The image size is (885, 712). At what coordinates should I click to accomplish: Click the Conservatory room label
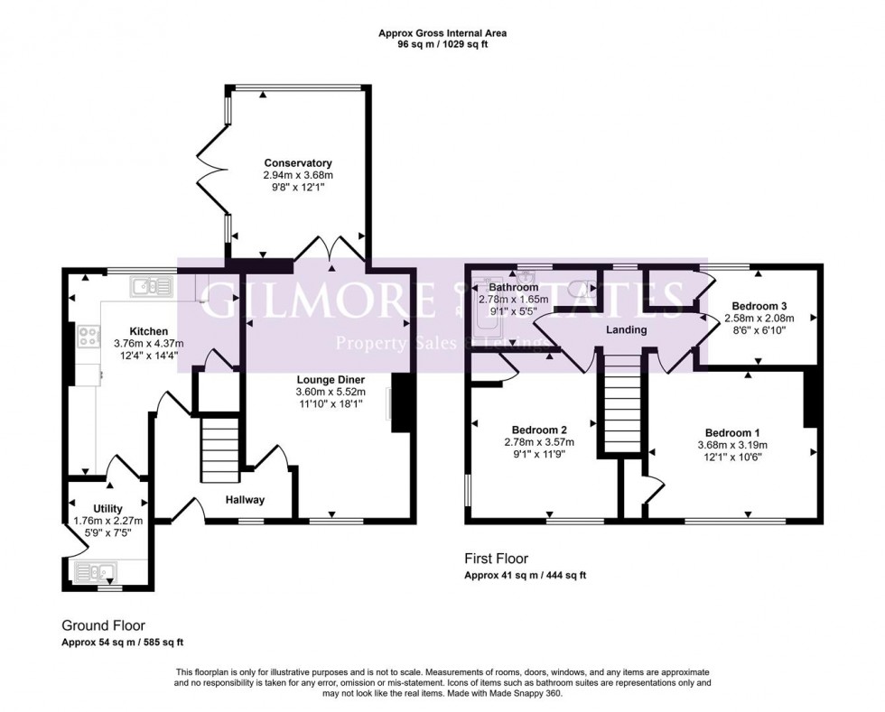tap(298, 163)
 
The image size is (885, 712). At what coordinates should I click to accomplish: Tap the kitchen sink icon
tap(152, 287)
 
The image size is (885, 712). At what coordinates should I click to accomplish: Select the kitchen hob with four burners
tap(89, 337)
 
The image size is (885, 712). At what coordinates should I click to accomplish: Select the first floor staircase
tap(621, 403)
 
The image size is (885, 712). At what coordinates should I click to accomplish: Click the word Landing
tap(626, 330)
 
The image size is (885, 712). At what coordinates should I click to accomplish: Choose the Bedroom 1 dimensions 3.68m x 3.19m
tap(732, 445)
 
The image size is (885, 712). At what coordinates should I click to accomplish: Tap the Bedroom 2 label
tap(539, 429)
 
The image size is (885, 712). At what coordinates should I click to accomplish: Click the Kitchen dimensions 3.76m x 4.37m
tap(149, 343)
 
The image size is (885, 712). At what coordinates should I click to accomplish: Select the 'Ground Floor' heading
tap(103, 624)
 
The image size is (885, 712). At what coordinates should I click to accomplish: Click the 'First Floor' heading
tap(496, 559)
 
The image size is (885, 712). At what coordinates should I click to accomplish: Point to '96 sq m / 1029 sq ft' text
tap(442, 44)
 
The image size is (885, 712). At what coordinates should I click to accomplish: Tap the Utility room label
tap(107, 508)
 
